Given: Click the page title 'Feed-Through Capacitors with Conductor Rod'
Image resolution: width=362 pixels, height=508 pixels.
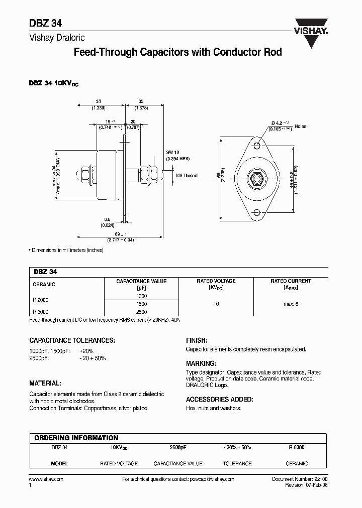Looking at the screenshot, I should (178, 52).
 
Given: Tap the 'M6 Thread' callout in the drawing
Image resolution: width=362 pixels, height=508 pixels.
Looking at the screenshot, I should (187, 176).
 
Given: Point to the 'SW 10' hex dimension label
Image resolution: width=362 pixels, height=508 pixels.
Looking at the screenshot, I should (173, 152).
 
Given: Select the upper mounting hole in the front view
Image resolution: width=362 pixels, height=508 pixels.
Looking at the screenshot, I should (256, 146).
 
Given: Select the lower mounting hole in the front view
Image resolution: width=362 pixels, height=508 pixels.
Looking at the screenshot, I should (256, 212).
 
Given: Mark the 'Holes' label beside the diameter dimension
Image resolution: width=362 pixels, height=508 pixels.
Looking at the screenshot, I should (300, 126).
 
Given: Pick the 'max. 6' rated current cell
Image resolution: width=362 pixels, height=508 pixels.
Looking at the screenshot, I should (291, 304).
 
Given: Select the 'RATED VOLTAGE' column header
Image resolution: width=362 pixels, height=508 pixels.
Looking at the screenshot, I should (216, 281).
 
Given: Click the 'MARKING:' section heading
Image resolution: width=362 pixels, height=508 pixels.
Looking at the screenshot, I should (201, 363).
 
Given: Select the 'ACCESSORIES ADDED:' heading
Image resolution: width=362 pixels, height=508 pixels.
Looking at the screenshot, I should (219, 400).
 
